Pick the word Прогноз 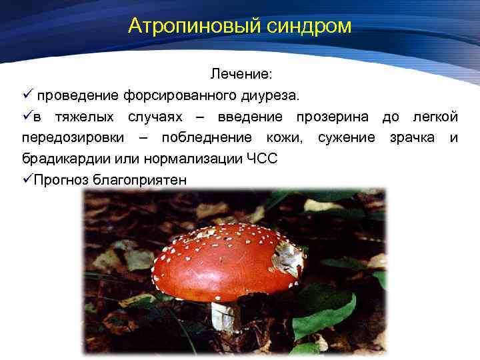click(61, 180)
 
